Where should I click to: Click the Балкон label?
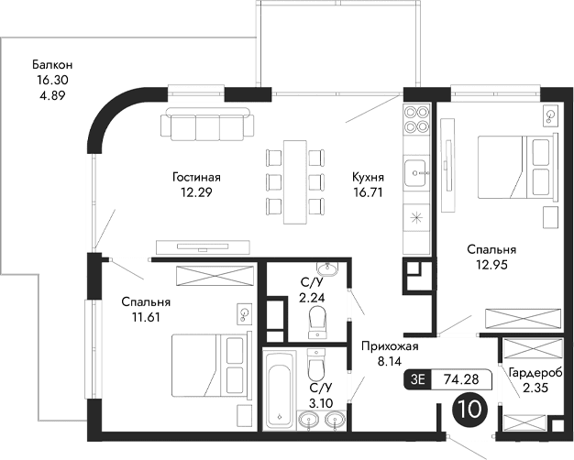51,65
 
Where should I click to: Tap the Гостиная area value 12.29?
196,192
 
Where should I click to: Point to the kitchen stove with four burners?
418,120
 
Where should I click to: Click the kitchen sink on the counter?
417,170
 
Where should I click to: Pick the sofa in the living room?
207,122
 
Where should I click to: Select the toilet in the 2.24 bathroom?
317,322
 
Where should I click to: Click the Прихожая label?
390,345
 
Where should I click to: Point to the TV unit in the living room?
204,244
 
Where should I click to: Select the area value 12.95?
491,265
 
